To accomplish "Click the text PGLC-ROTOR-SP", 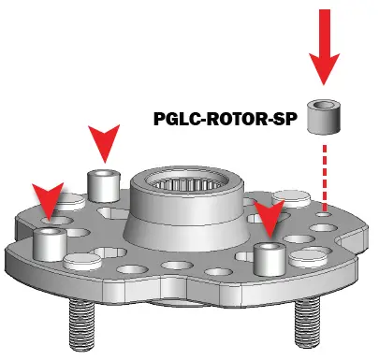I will pos(226,120).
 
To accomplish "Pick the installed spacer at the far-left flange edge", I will pos(48,243).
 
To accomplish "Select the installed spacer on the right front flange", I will pos(269,257).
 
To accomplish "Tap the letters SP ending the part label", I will pos(286,120).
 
